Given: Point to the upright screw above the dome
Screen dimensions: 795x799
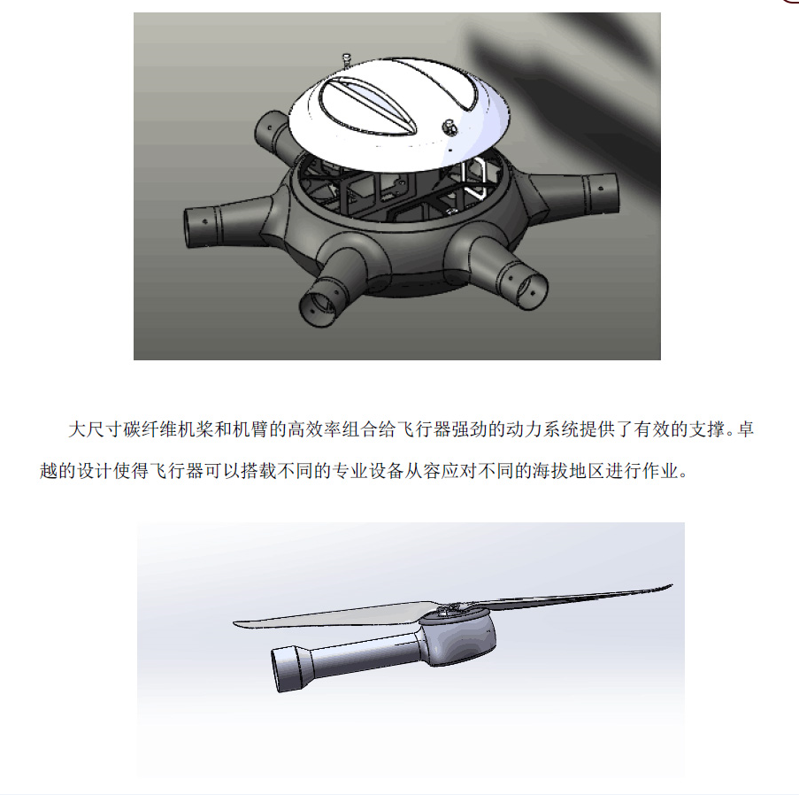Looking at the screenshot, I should click(346, 60).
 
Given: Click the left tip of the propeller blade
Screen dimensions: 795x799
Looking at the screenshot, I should click(237, 621).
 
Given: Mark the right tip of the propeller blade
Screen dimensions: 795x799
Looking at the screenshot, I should click(669, 587).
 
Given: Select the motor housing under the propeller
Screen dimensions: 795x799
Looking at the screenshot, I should click(457, 637).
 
